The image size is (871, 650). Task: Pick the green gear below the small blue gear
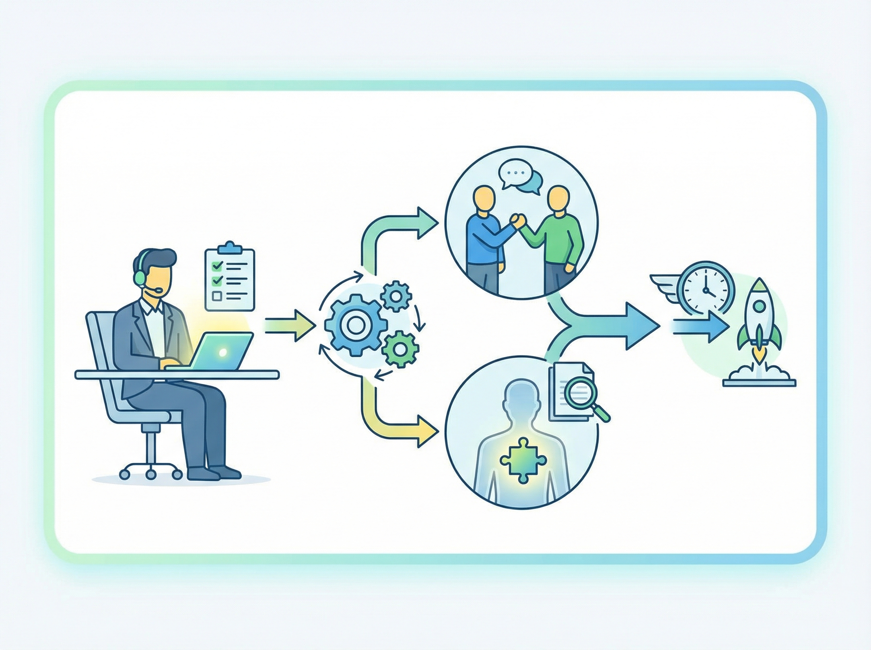coord(400,348)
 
